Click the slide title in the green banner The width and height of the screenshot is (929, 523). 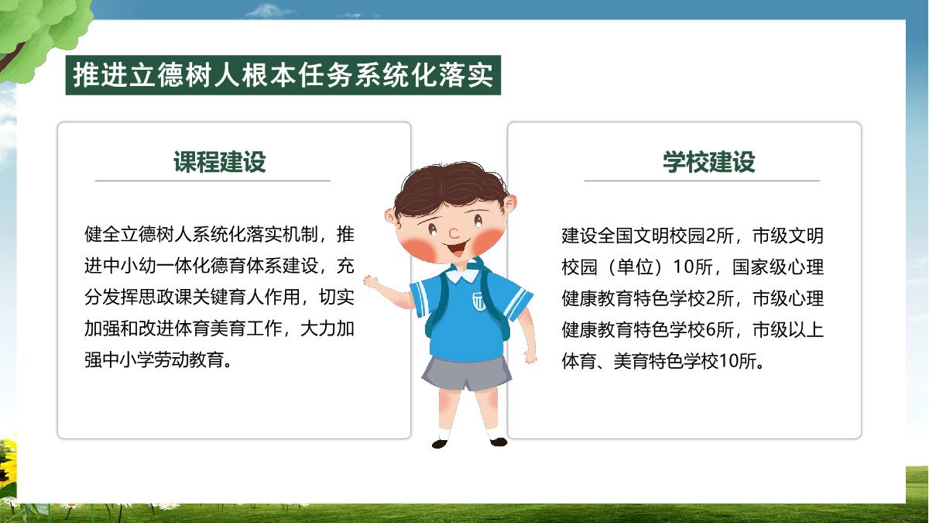tap(283, 75)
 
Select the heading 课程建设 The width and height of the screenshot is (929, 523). tap(219, 161)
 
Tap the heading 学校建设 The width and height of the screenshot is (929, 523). tap(709, 161)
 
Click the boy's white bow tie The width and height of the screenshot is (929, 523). tap(461, 274)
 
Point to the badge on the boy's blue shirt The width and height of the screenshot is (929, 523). tap(478, 301)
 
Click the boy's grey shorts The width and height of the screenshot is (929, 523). tap(467, 373)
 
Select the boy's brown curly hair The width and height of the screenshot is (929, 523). tap(450, 189)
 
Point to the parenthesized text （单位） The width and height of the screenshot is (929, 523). tap(636, 267)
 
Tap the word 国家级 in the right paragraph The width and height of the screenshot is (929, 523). tap(759, 267)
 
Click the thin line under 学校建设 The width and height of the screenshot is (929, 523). tap(701, 181)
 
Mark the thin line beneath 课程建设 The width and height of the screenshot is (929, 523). tap(212, 181)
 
